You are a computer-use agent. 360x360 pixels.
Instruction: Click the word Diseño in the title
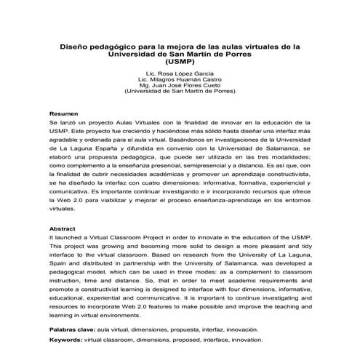coord(74,47)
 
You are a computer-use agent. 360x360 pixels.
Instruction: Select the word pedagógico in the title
coord(116,47)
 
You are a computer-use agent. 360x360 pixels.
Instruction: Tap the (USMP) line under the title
coord(180,63)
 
